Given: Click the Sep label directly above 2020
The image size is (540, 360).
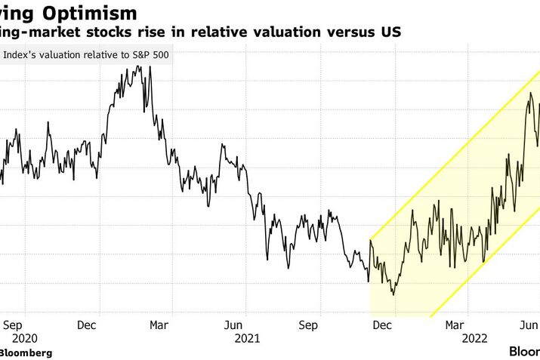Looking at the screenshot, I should pyautogui.click(x=21, y=325).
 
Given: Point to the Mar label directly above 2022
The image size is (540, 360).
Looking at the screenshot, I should pyautogui.click(x=455, y=325).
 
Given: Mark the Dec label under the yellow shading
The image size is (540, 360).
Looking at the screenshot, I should pyautogui.click(x=382, y=325).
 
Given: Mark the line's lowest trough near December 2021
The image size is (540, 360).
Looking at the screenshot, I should pyautogui.click(x=393, y=294).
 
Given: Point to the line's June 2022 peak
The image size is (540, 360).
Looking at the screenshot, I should pyautogui.click(x=531, y=93).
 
